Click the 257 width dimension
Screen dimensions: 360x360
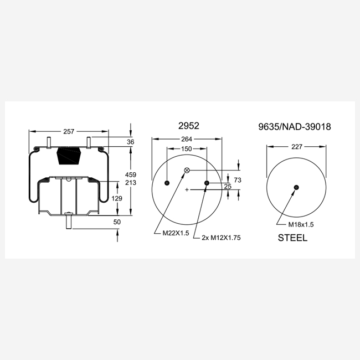click(69, 131)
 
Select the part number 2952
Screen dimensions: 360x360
click(189, 126)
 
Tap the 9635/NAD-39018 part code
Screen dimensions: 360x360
click(295, 126)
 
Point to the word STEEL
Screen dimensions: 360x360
click(292, 238)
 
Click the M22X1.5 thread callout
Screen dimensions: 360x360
click(176, 233)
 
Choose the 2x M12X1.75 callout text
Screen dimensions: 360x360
click(221, 238)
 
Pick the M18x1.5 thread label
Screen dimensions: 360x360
click(301, 224)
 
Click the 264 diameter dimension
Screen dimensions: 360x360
click(187, 139)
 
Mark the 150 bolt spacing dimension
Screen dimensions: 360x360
click(187, 149)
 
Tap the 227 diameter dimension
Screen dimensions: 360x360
click(297, 146)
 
